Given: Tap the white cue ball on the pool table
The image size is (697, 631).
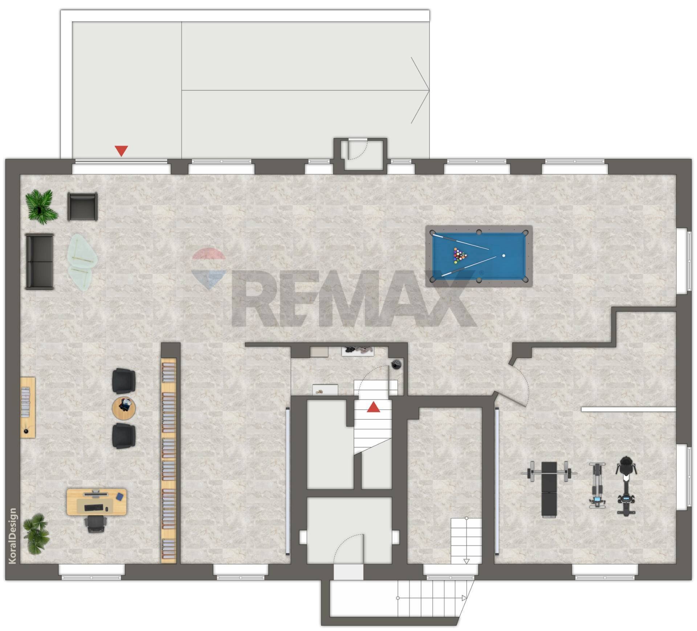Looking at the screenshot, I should (504, 256).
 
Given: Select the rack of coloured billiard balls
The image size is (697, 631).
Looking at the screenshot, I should (460, 255).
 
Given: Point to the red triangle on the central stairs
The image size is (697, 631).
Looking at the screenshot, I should (373, 407).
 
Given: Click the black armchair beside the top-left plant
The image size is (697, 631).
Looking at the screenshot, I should (83, 206).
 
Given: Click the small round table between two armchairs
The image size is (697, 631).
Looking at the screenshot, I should (124, 408).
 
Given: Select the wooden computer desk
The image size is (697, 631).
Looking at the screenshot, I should (97, 501).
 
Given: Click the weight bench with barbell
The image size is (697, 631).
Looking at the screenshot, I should (549, 488).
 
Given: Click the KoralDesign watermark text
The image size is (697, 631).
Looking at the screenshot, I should (13, 536).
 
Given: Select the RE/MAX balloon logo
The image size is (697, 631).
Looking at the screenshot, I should (208, 268).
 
